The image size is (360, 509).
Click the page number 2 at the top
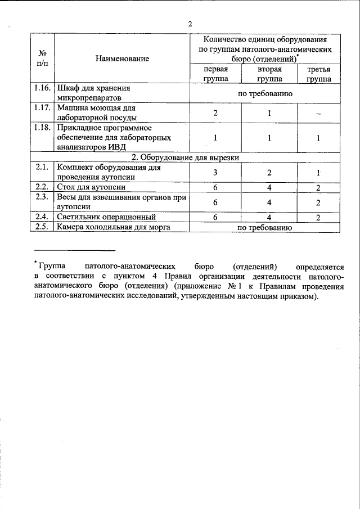point(190,24)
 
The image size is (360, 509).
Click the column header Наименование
point(122,58)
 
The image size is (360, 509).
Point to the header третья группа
point(318,74)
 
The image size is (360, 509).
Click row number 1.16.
point(42,89)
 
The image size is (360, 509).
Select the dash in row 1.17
point(318,114)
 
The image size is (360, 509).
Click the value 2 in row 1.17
point(215,114)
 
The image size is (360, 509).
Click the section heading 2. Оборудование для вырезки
point(185,157)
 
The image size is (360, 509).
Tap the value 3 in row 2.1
point(215,173)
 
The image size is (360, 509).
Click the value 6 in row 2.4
point(215,217)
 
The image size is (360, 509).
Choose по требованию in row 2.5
point(264,227)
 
